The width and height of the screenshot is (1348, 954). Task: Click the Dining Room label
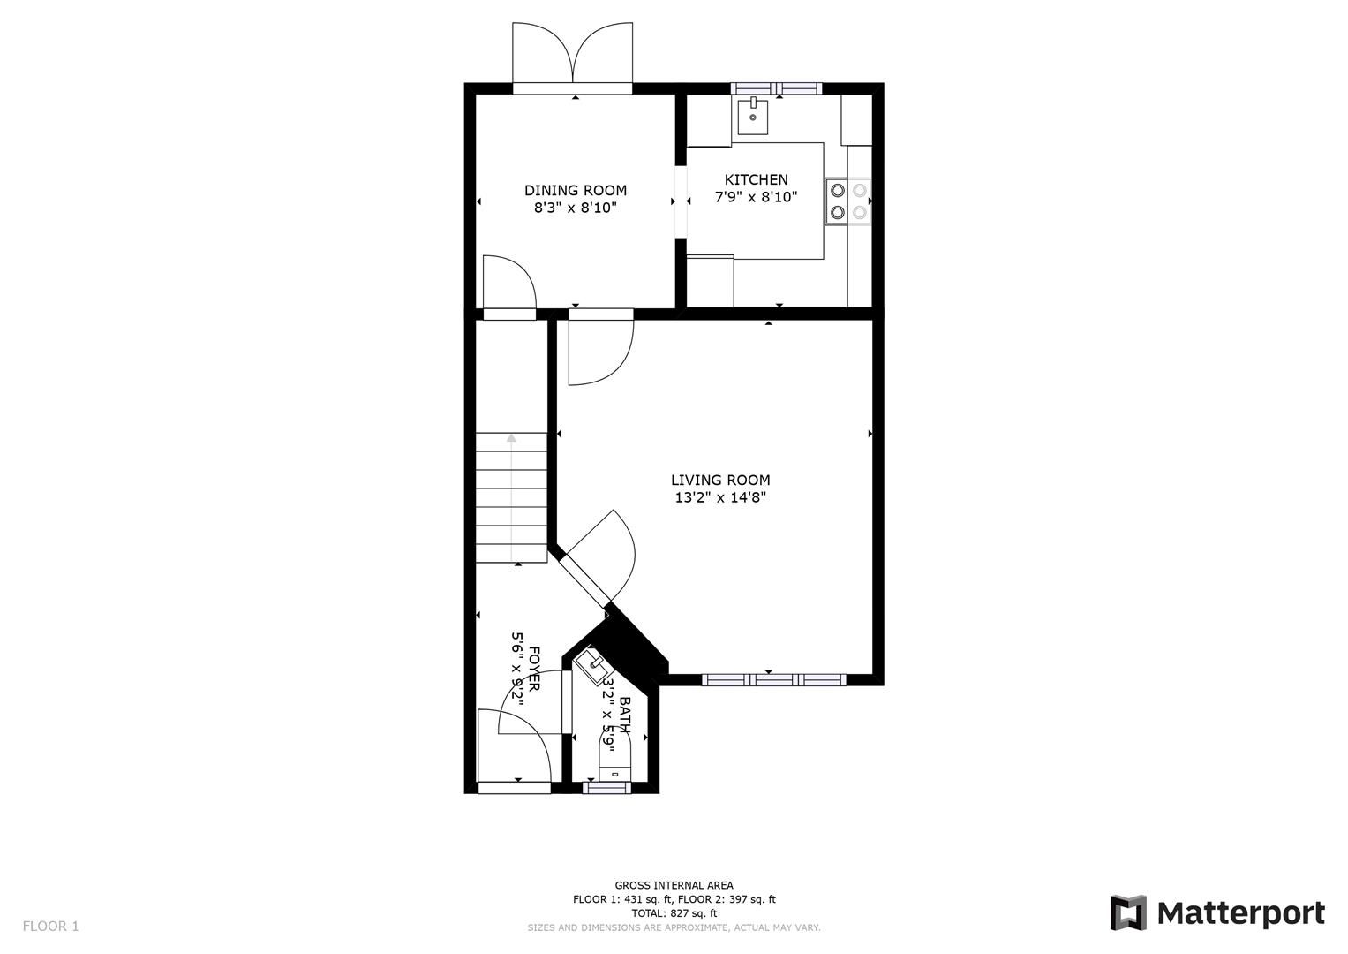click(x=575, y=190)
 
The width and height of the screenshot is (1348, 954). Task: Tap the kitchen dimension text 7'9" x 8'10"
click(x=756, y=197)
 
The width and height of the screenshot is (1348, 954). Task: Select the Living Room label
click(x=720, y=480)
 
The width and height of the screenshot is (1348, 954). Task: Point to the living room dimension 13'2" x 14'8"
click(x=720, y=497)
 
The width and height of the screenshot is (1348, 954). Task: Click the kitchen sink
click(x=752, y=117)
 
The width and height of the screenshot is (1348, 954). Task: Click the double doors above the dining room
click(x=573, y=57)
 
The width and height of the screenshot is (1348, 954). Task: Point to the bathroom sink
click(x=593, y=666)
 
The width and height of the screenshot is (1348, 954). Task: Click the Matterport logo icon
click(x=1128, y=912)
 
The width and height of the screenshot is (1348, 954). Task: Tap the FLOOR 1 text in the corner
click(x=50, y=926)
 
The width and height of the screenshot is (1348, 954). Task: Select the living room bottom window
click(x=773, y=679)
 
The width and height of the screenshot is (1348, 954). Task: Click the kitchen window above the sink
click(x=777, y=87)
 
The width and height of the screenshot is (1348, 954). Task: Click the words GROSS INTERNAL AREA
click(x=674, y=885)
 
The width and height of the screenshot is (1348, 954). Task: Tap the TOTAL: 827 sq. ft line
click(x=674, y=913)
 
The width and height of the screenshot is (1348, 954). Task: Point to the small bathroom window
click(x=607, y=788)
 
